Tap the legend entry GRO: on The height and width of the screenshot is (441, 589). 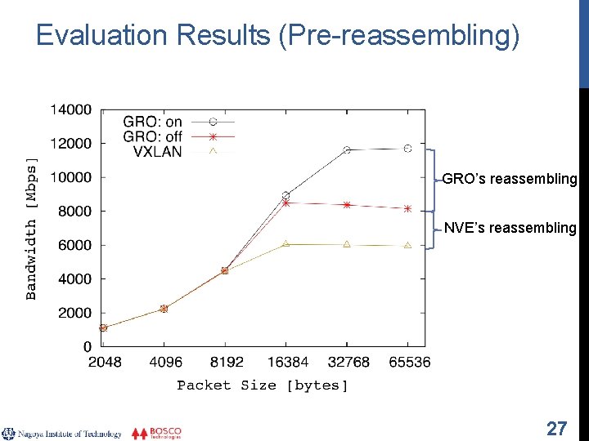tap(153, 122)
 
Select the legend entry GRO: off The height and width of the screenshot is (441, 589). tap(153, 136)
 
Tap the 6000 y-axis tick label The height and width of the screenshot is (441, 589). tap(74, 245)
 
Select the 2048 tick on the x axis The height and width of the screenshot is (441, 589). tap(103, 362)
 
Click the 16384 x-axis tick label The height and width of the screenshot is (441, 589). tap(286, 362)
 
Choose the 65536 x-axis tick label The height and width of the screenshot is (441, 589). tap(408, 362)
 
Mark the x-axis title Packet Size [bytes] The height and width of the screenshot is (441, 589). tap(263, 385)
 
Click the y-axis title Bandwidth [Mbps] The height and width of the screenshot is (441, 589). tap(32, 228)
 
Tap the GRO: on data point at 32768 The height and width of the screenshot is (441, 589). tap(347, 150)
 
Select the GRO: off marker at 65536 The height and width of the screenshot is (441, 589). tap(407, 209)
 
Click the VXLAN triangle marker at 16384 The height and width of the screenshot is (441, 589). tap(286, 243)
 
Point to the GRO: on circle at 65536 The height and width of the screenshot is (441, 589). tap(407, 149)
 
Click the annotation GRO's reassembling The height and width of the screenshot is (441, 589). tap(509, 179)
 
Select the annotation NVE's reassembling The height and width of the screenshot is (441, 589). tap(510, 228)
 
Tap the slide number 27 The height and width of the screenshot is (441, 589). tap(556, 428)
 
